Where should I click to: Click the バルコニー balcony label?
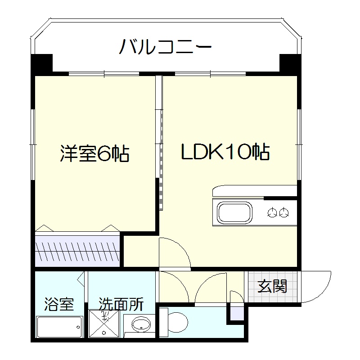pos(166,47)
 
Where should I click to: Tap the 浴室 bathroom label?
pos(58,305)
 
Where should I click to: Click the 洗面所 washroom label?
pos(121,305)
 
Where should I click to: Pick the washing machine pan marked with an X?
pos(105,323)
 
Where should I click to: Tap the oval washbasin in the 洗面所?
pos(141,324)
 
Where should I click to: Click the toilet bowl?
pos(178,321)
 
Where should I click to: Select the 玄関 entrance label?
pos(272,286)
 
